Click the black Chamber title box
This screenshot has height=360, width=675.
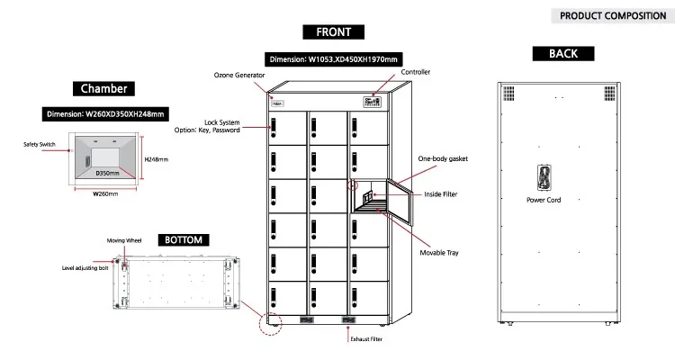point(103,89)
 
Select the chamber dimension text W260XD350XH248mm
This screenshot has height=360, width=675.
point(103,114)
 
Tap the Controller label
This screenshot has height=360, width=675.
point(415,73)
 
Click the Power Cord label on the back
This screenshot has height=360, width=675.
point(543,200)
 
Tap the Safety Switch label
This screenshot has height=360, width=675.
point(38,144)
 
